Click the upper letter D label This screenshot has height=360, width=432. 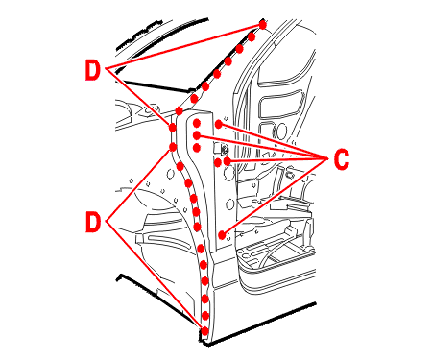pyautogui.click(x=92, y=70)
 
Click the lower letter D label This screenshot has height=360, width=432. pyautogui.click(x=93, y=222)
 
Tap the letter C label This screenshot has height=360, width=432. pyautogui.click(x=342, y=159)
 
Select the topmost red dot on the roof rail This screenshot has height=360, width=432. pyautogui.click(x=263, y=24)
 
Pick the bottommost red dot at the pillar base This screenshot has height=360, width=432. pyautogui.click(x=204, y=331)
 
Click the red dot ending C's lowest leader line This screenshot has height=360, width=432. pyautogui.click(x=222, y=235)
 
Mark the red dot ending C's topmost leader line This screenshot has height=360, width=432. pyautogui.click(x=219, y=124)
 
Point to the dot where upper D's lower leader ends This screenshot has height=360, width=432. pyautogui.click(x=172, y=128)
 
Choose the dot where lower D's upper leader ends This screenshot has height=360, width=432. pyautogui.click(x=173, y=147)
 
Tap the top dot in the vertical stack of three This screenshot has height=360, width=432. pyautogui.click(x=197, y=123)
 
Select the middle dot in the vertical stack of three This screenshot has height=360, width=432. pyautogui.click(x=197, y=135)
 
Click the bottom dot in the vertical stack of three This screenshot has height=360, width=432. pyautogui.click(x=197, y=148)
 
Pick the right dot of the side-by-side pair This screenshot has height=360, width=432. pyautogui.click(x=228, y=161)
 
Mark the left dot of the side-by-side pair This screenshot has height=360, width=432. pyautogui.click(x=218, y=162)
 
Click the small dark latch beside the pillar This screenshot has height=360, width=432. pyautogui.click(x=224, y=148)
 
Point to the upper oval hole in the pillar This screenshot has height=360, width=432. pyautogui.click(x=228, y=175)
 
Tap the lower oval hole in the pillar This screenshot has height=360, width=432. pyautogui.click(x=229, y=204)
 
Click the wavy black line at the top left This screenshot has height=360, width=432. pyautogui.click(x=138, y=35)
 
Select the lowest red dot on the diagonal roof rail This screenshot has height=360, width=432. pyautogui.click(x=179, y=111)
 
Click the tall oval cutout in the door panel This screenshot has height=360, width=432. pyautogui.click(x=281, y=132)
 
